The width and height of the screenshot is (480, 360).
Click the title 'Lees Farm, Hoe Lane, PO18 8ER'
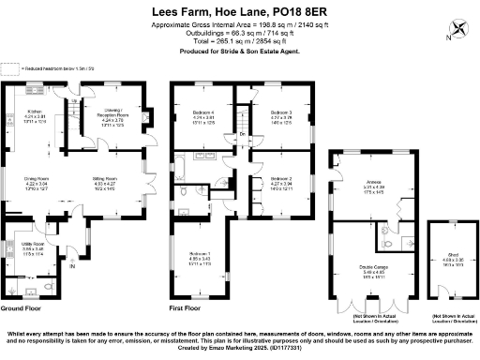(x=240, y=12)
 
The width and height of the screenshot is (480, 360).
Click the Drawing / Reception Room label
(x=112, y=113)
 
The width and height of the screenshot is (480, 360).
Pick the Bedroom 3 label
(x=282, y=113)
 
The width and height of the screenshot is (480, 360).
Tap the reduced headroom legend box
(x=10, y=68)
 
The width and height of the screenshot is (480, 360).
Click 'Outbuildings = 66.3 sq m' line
(x=240, y=32)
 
